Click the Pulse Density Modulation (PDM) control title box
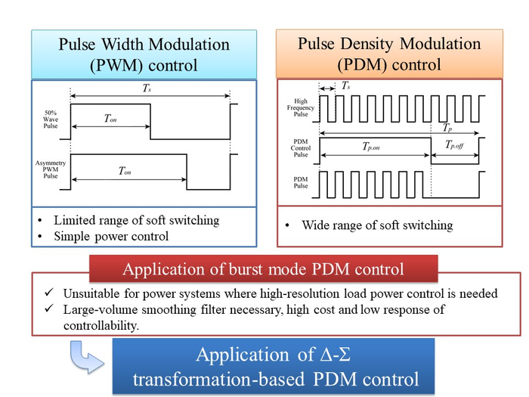[x=389, y=54]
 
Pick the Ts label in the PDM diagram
[x=345, y=87]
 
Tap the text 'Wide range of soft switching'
[x=376, y=225]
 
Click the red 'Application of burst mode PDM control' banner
[x=263, y=269]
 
